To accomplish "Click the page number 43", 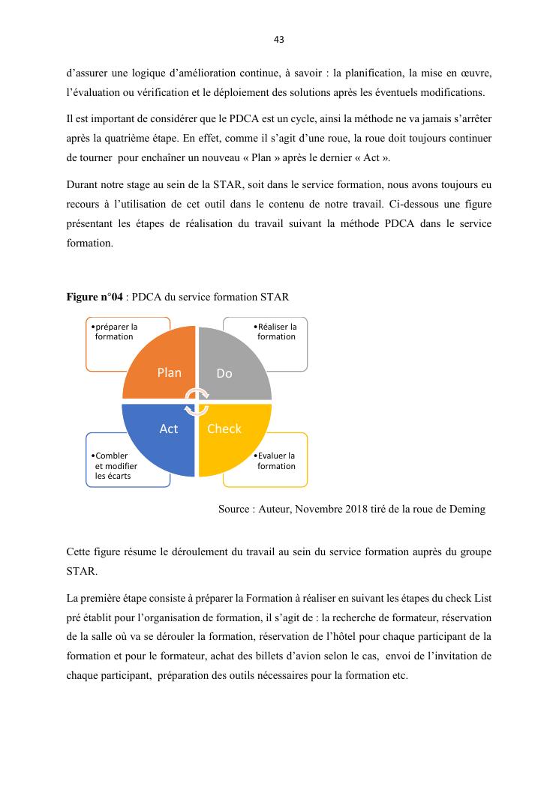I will tap(279, 39).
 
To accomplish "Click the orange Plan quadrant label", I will tap(169, 372).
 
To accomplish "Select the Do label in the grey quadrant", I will tap(224, 373).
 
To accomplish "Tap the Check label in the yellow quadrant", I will tap(224, 429).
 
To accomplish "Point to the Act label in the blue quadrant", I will tap(169, 429).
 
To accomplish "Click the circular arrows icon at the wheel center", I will tap(197, 401).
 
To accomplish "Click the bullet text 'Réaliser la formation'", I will tap(275, 331).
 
